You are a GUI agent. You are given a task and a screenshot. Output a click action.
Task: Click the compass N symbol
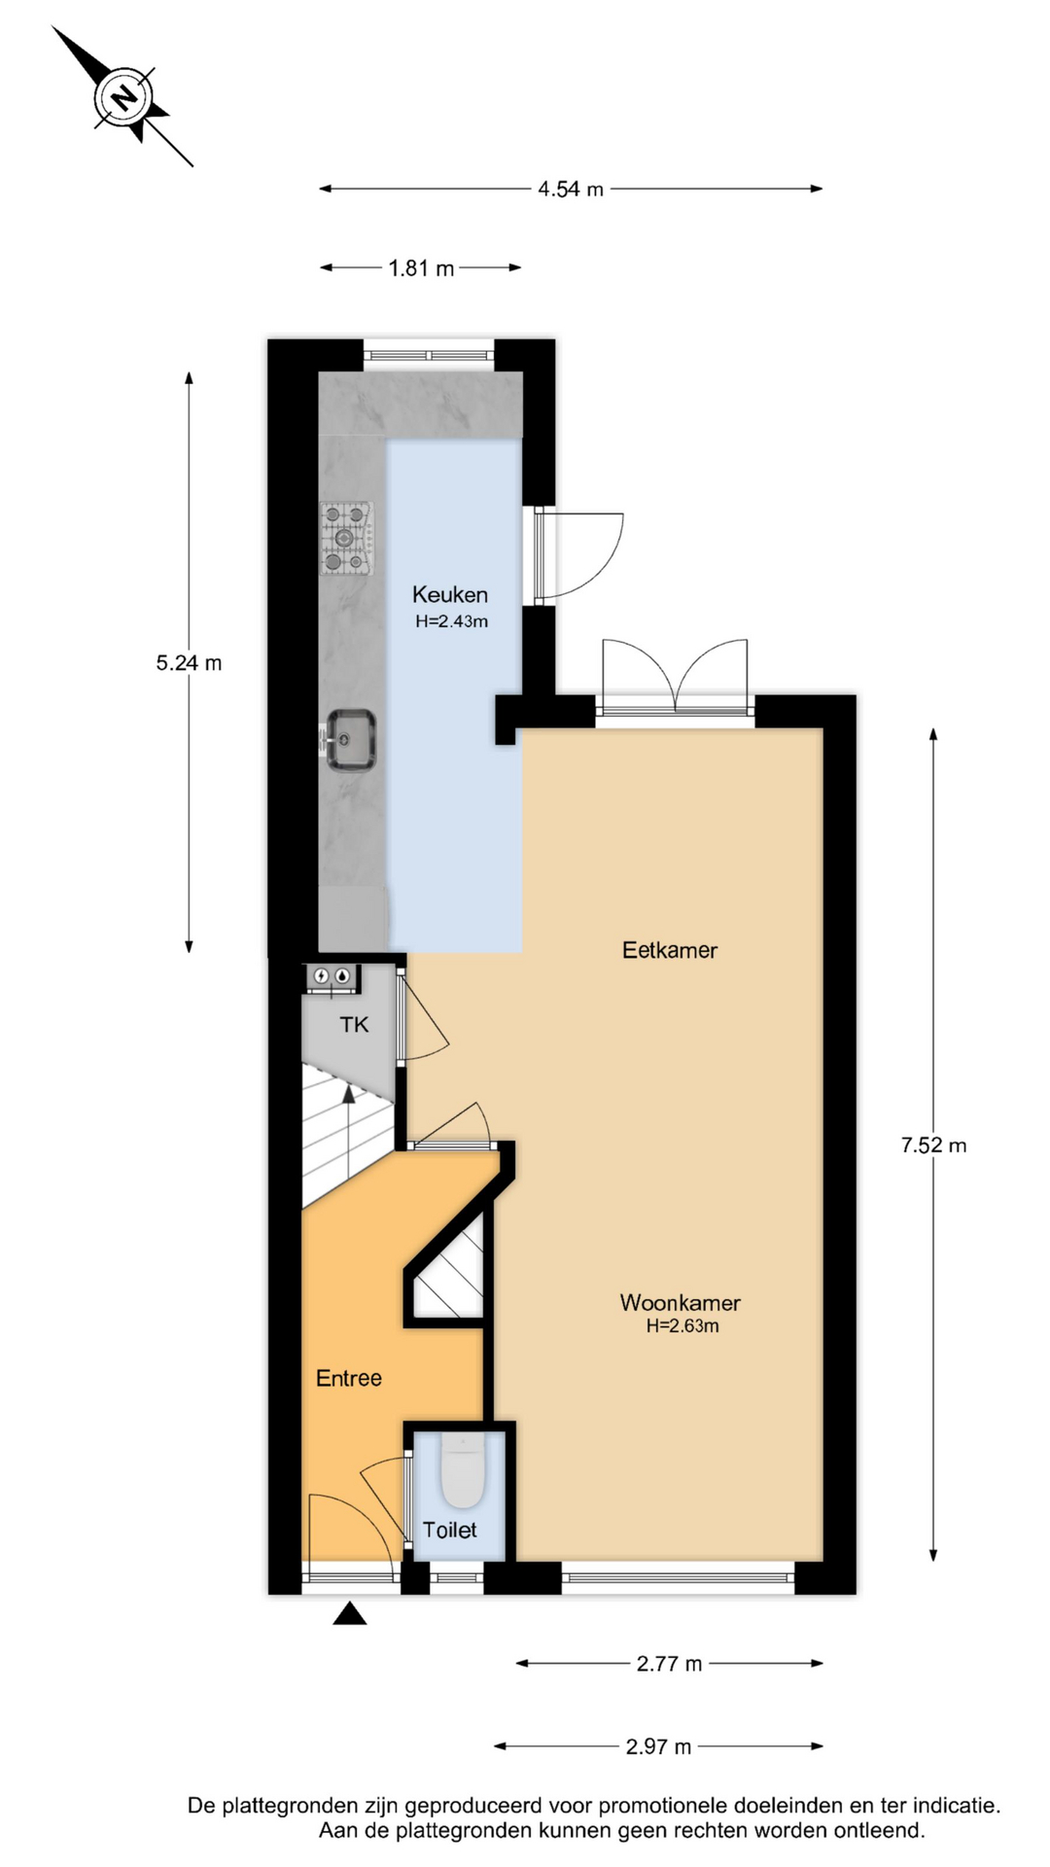(123, 97)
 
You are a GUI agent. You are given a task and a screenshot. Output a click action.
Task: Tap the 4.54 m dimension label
(571, 189)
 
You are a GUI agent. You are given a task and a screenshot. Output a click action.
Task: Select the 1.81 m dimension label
(421, 267)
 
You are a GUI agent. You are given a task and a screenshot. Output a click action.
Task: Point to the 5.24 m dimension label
(189, 662)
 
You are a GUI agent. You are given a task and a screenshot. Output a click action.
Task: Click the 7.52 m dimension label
(933, 1145)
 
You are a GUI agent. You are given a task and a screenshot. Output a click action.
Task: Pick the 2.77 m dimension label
(669, 1663)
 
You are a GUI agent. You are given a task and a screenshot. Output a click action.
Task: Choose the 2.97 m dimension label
(658, 1746)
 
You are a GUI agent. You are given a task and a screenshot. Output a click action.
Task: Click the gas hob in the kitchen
(347, 537)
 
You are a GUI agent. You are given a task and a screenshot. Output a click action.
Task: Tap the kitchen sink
(349, 740)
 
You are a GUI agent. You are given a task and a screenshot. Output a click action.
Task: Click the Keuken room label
(450, 594)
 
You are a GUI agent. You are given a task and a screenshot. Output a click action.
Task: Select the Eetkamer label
(670, 950)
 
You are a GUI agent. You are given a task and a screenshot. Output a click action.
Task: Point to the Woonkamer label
(681, 1302)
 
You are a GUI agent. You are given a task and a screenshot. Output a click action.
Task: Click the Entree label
(349, 1378)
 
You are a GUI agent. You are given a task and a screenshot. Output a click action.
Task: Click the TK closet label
(354, 1024)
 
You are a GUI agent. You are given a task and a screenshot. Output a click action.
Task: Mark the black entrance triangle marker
(350, 1615)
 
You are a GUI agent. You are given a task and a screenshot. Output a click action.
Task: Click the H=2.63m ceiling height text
(682, 1326)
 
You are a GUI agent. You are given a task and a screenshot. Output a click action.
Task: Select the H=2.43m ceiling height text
(451, 621)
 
